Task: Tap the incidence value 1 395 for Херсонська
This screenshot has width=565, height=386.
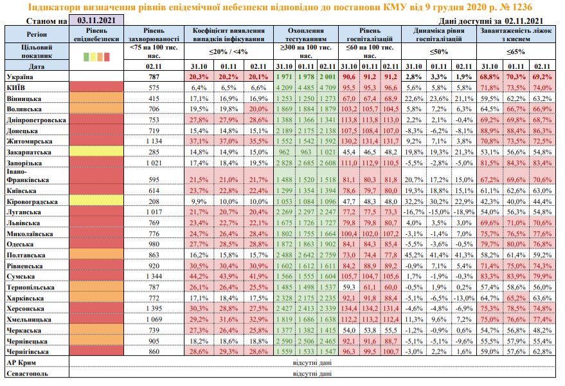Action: pos(153,308)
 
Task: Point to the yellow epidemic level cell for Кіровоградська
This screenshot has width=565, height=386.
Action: pos(96,202)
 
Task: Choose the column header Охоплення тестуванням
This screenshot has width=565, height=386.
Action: pos(305,34)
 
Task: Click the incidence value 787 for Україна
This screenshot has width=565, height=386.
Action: pos(153,77)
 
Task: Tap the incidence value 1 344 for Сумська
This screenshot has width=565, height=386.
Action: pos(153,275)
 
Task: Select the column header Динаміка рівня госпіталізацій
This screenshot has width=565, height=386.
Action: pos(438,34)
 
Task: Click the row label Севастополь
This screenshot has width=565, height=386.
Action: pos(26,373)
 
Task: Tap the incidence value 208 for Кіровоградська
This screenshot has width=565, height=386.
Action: pos(153,202)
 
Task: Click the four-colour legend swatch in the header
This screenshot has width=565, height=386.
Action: pos(97,57)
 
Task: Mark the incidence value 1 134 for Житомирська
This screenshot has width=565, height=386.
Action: pos(153,140)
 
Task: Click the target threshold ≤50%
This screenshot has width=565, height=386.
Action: pos(438,51)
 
